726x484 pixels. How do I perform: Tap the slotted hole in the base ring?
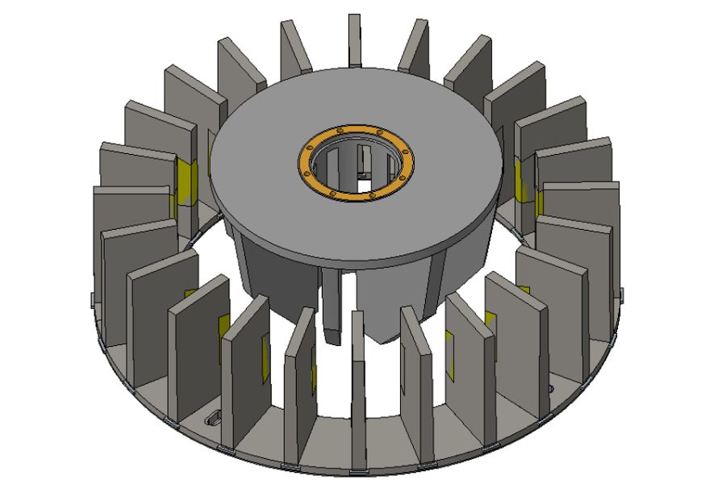pos(214,418)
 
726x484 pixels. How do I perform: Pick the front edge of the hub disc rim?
pos(355,263)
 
